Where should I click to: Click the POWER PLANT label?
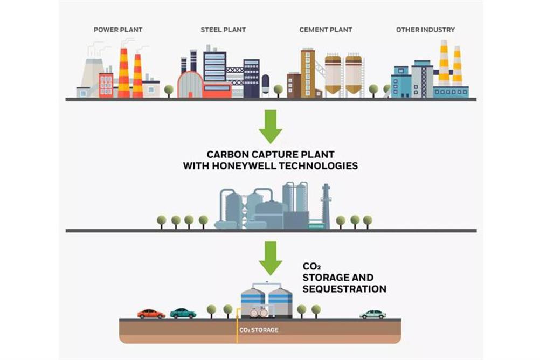point(118,30)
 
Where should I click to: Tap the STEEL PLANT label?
point(223,30)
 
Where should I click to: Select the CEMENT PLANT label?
point(326,30)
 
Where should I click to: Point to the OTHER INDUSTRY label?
point(425,30)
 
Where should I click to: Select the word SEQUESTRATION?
point(344,289)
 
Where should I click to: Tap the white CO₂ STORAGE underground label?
point(259,330)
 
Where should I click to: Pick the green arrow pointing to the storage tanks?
point(271,258)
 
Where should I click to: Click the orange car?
point(151,314)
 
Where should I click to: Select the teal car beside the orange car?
point(183,313)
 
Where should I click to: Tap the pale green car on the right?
point(372,314)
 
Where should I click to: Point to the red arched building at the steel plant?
point(190,85)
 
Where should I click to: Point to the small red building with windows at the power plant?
point(106,85)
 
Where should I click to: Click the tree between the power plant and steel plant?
point(169,91)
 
